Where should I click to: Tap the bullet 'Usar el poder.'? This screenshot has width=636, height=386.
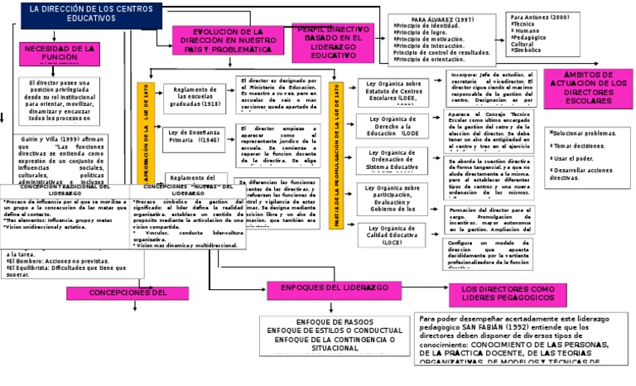pyautogui.click(x=575, y=157)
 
